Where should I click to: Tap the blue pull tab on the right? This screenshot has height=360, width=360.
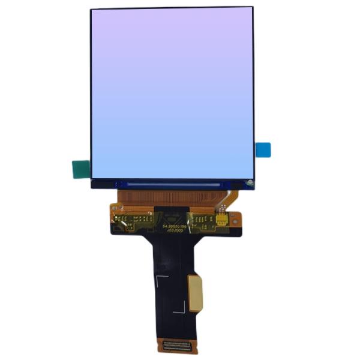(263, 150)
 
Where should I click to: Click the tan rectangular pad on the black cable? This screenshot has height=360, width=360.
(195, 293)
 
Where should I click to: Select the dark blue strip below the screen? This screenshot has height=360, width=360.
(173, 184)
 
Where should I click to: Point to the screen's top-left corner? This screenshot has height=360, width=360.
(92, 10)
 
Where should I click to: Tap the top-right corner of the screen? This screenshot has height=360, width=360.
(252, 8)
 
